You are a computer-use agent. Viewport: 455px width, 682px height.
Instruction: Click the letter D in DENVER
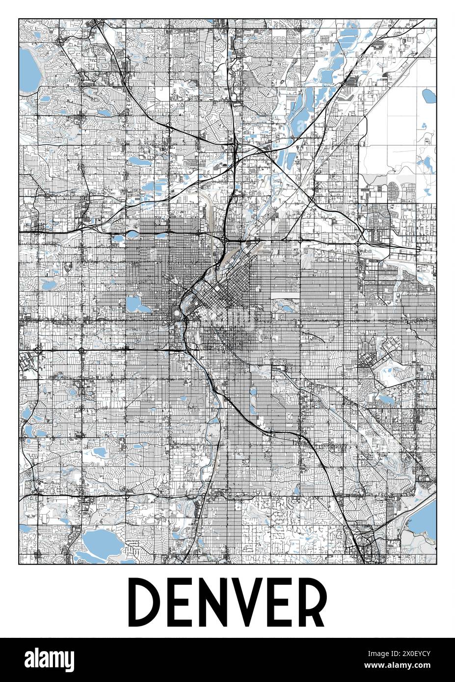pos(146,602)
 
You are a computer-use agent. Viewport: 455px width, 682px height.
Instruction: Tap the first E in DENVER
pos(184,602)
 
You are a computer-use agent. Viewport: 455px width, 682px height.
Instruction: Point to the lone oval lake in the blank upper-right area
pos(428,95)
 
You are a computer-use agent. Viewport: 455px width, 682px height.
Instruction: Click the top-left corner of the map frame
pos(19,19)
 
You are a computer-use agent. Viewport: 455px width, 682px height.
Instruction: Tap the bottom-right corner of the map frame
pos(436,564)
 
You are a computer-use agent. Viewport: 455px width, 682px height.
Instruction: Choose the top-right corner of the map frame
pos(436,19)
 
